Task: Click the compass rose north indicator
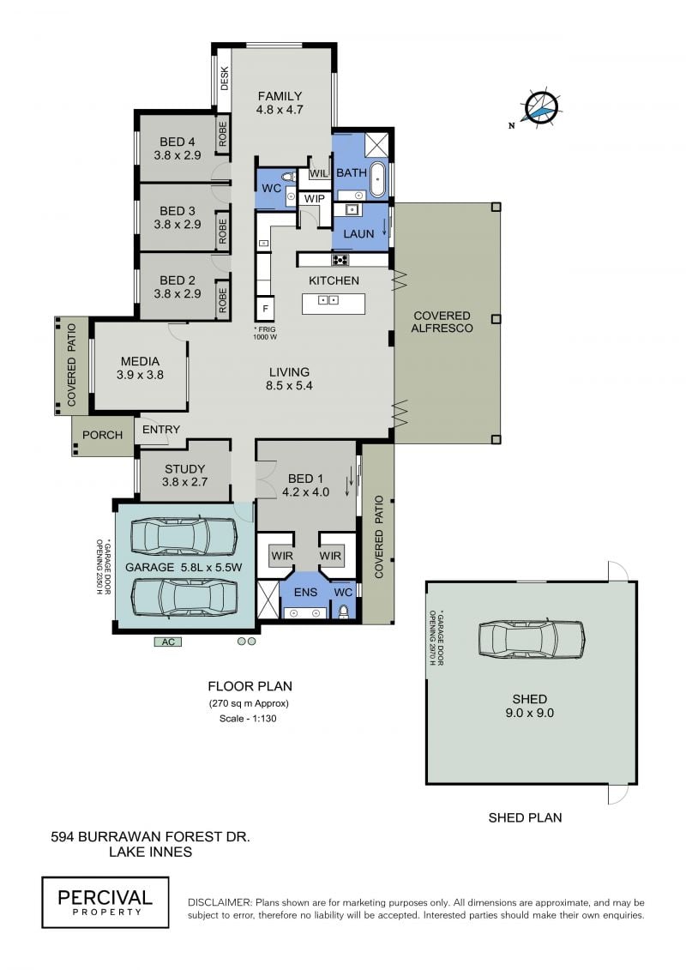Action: pyautogui.click(x=541, y=109)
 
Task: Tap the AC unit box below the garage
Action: pyautogui.click(x=168, y=642)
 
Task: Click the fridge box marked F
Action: pyautogui.click(x=265, y=308)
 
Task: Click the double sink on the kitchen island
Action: pyautogui.click(x=328, y=300)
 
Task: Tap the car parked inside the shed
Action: pyautogui.click(x=532, y=638)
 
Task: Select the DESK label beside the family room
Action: pyautogui.click(x=225, y=79)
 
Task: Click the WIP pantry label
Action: pyautogui.click(x=314, y=199)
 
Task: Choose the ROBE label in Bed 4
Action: pyautogui.click(x=223, y=134)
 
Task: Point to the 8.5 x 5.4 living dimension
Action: pyautogui.click(x=290, y=385)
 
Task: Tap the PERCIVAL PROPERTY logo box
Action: pyautogui.click(x=105, y=902)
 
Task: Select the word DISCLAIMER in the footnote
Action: pyautogui.click(x=220, y=902)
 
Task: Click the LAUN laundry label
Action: pyautogui.click(x=358, y=234)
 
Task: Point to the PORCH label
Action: pyautogui.click(x=103, y=435)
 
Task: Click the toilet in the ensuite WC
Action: pyautogui.click(x=344, y=612)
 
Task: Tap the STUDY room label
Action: pyautogui.click(x=185, y=469)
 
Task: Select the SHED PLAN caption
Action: pyautogui.click(x=525, y=817)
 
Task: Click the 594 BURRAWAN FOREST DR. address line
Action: pyautogui.click(x=150, y=837)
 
